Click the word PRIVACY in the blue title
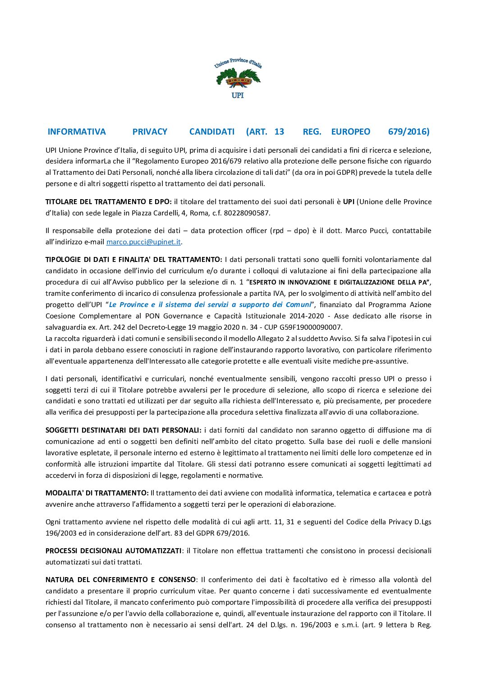150,132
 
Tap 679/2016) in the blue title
408,132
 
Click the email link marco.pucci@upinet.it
143,242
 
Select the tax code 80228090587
248,213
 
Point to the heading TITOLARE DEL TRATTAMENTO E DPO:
108,202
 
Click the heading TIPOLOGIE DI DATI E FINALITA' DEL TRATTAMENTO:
133,260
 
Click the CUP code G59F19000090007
313,327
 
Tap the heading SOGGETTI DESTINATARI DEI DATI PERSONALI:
123,430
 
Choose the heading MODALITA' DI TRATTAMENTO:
97,493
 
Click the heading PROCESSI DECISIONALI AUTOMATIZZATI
113,551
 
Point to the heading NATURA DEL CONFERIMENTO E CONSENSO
120,580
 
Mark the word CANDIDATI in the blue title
212,132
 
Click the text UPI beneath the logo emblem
238,95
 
